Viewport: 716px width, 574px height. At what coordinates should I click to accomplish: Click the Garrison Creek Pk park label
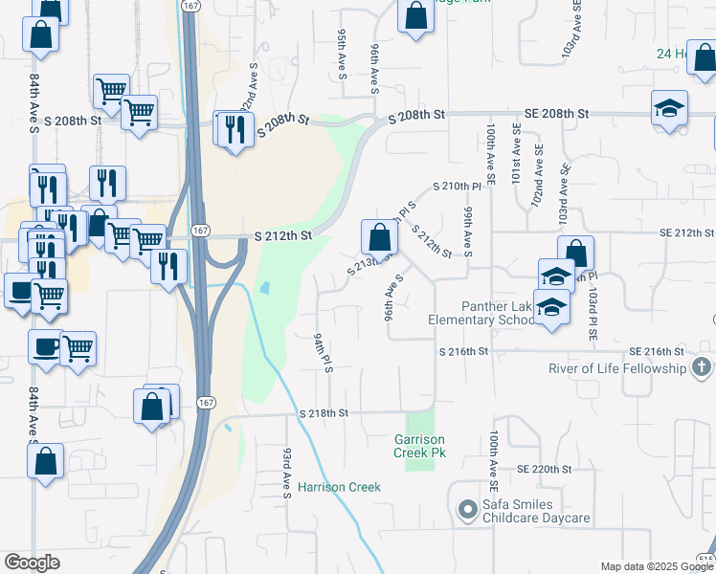(x=420, y=446)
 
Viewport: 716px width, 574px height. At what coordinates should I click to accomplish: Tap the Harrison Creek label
(x=339, y=487)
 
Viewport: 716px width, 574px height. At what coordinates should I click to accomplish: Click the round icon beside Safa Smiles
(x=467, y=510)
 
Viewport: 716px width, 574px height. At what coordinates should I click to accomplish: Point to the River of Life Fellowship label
(x=617, y=368)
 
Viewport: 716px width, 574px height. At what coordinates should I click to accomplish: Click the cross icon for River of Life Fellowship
(x=702, y=367)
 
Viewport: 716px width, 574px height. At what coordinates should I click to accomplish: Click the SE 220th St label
(x=544, y=470)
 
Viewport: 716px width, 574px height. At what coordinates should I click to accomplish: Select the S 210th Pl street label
(x=456, y=186)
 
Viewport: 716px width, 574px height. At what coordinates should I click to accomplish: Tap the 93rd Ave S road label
(x=285, y=471)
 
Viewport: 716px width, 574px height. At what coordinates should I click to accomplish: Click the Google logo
(x=32, y=563)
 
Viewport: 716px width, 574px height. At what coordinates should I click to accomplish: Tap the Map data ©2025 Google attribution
(x=657, y=566)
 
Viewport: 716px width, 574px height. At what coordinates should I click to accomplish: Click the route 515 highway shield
(x=706, y=561)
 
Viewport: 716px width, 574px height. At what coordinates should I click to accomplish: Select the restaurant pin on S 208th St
(x=235, y=127)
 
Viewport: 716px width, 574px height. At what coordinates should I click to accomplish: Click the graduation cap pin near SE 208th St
(x=669, y=107)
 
